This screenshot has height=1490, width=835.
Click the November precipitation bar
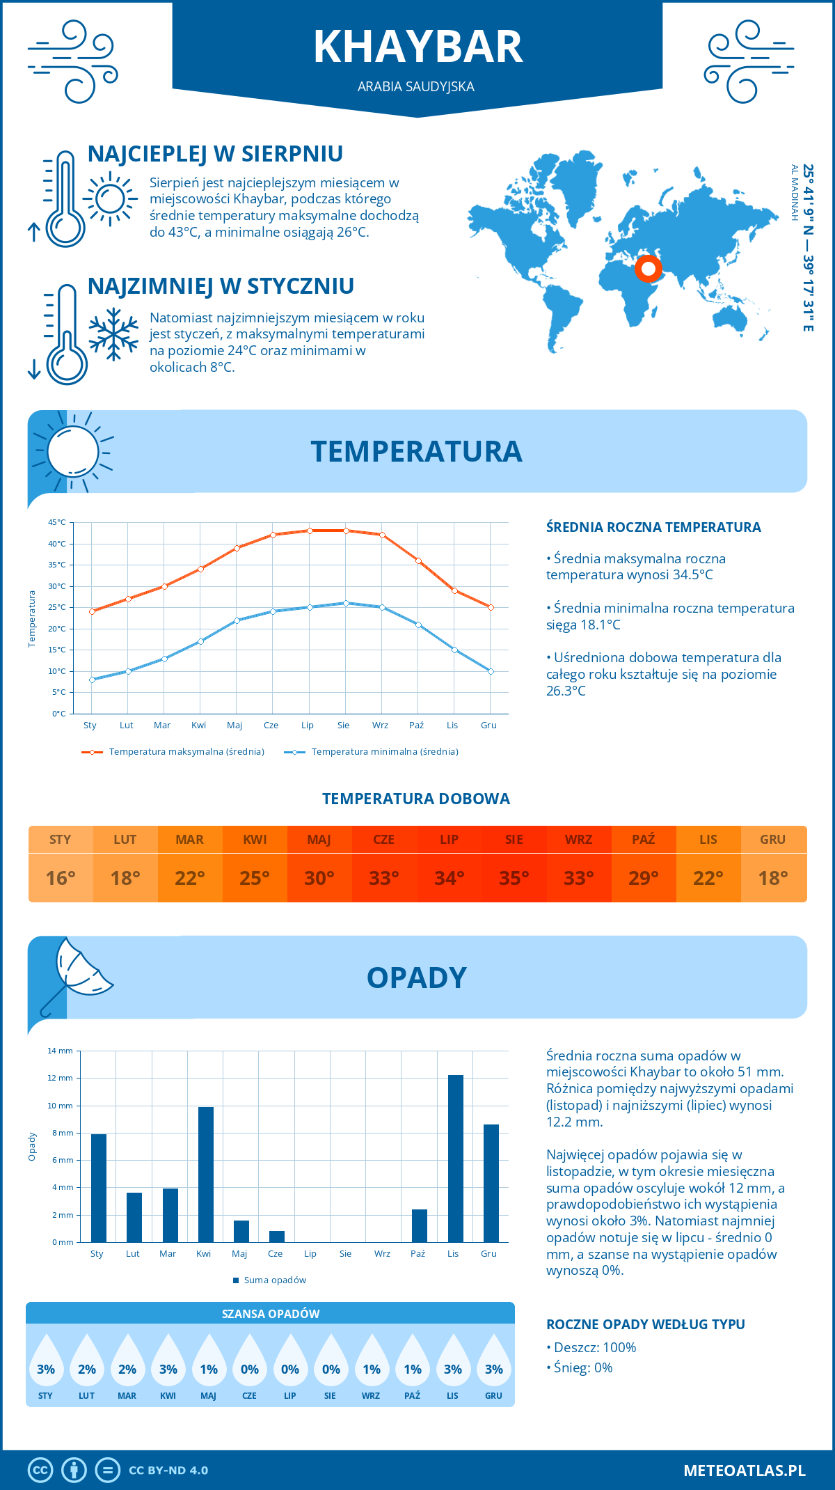tap(455, 1159)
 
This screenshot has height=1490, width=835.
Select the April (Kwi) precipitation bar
tap(206, 1175)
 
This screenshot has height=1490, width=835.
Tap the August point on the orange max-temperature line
tap(346, 531)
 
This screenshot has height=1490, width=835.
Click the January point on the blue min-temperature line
tap(92, 680)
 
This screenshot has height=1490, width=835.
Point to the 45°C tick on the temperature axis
tap(57, 522)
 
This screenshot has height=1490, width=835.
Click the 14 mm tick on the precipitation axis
tap(61, 1051)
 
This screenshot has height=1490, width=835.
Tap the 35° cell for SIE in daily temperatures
tap(514, 878)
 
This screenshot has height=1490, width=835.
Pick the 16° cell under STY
tap(61, 878)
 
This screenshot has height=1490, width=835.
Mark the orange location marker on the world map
tap(649, 268)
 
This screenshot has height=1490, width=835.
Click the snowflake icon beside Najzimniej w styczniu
tap(113, 334)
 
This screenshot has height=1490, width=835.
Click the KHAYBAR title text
tap(417, 47)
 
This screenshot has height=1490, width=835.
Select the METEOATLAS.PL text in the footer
tap(744, 1471)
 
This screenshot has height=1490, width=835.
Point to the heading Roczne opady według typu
tap(645, 1324)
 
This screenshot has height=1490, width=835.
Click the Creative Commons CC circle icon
tap(40, 1471)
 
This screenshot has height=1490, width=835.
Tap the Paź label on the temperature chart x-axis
tap(416, 726)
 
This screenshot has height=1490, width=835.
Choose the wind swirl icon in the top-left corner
tap(72, 61)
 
